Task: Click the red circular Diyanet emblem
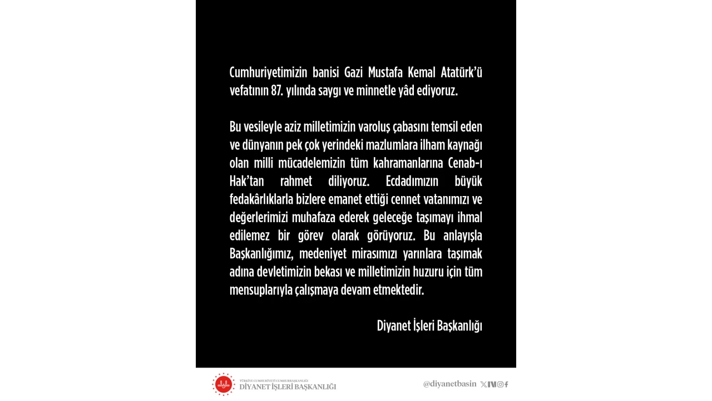pos(224,384)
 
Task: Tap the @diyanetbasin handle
pos(449,384)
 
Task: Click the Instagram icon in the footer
pos(500,384)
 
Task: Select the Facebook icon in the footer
pos(507,384)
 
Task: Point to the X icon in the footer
pos(483,384)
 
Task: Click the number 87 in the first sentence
pos(277,91)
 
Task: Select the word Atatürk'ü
pos(461,72)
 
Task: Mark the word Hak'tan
pos(246,181)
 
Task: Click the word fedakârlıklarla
pos(261,199)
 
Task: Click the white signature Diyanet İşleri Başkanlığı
pos(429,326)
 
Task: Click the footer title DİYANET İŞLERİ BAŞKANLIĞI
pos(288,387)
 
